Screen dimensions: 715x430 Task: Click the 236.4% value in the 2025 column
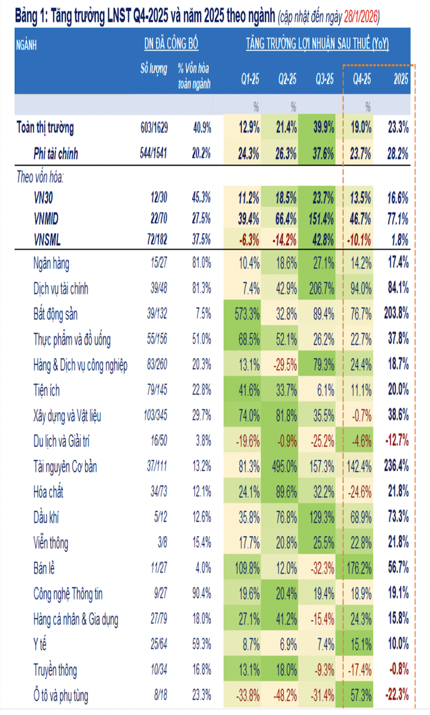(x=396, y=467)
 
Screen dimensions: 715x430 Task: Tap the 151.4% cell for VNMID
(x=322, y=219)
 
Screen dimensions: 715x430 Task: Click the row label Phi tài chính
(x=56, y=155)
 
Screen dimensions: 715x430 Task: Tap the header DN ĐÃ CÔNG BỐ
(x=171, y=44)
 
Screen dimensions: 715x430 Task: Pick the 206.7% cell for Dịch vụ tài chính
(x=322, y=289)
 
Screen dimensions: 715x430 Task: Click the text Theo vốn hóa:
(x=40, y=177)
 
